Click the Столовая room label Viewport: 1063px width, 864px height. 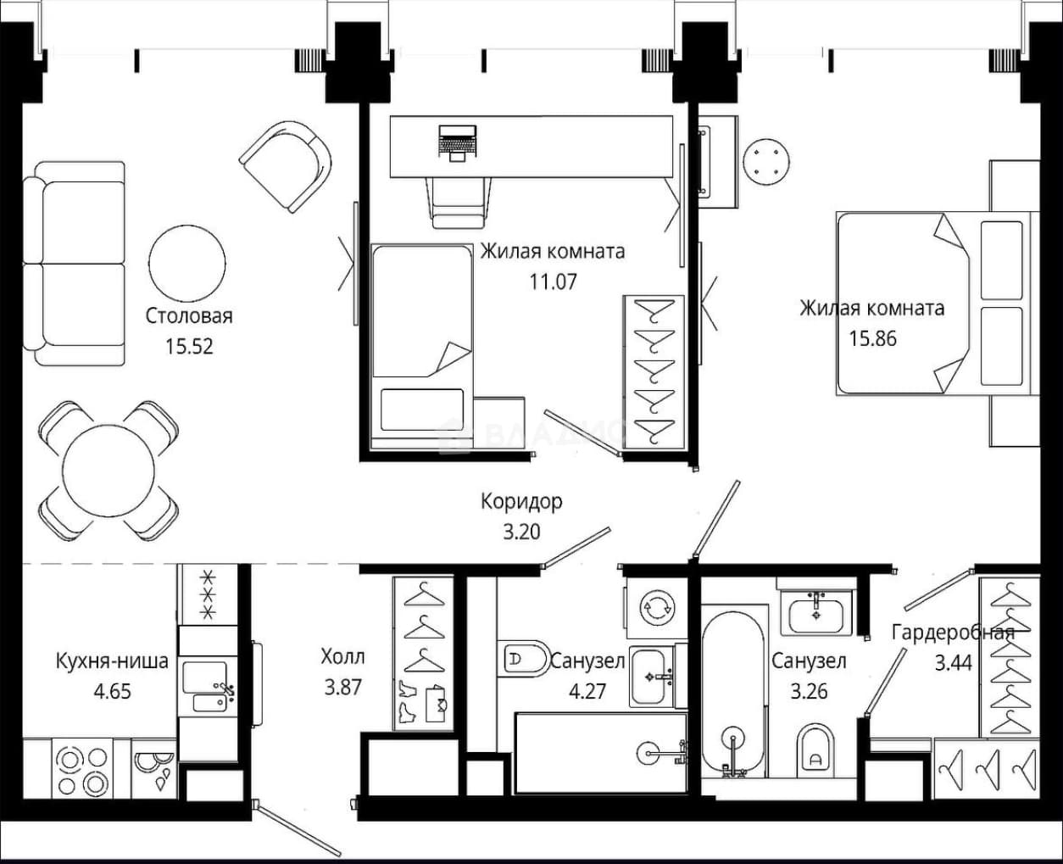tap(189, 316)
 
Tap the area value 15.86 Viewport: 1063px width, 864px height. tap(873, 339)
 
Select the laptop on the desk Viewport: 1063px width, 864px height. tap(457, 142)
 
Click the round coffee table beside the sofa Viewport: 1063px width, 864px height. tap(187, 263)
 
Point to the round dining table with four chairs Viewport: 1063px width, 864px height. tap(109, 471)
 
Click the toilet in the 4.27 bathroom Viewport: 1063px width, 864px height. tap(525, 659)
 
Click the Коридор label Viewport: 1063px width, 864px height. tap(521, 501)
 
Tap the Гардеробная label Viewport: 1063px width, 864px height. tap(953, 633)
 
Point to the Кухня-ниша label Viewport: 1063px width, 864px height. tap(112, 661)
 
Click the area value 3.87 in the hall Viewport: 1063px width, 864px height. tap(342, 688)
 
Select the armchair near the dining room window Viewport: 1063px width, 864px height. tap(286, 167)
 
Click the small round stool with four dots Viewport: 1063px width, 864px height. tap(766, 162)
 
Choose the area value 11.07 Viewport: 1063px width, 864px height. tap(553, 282)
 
